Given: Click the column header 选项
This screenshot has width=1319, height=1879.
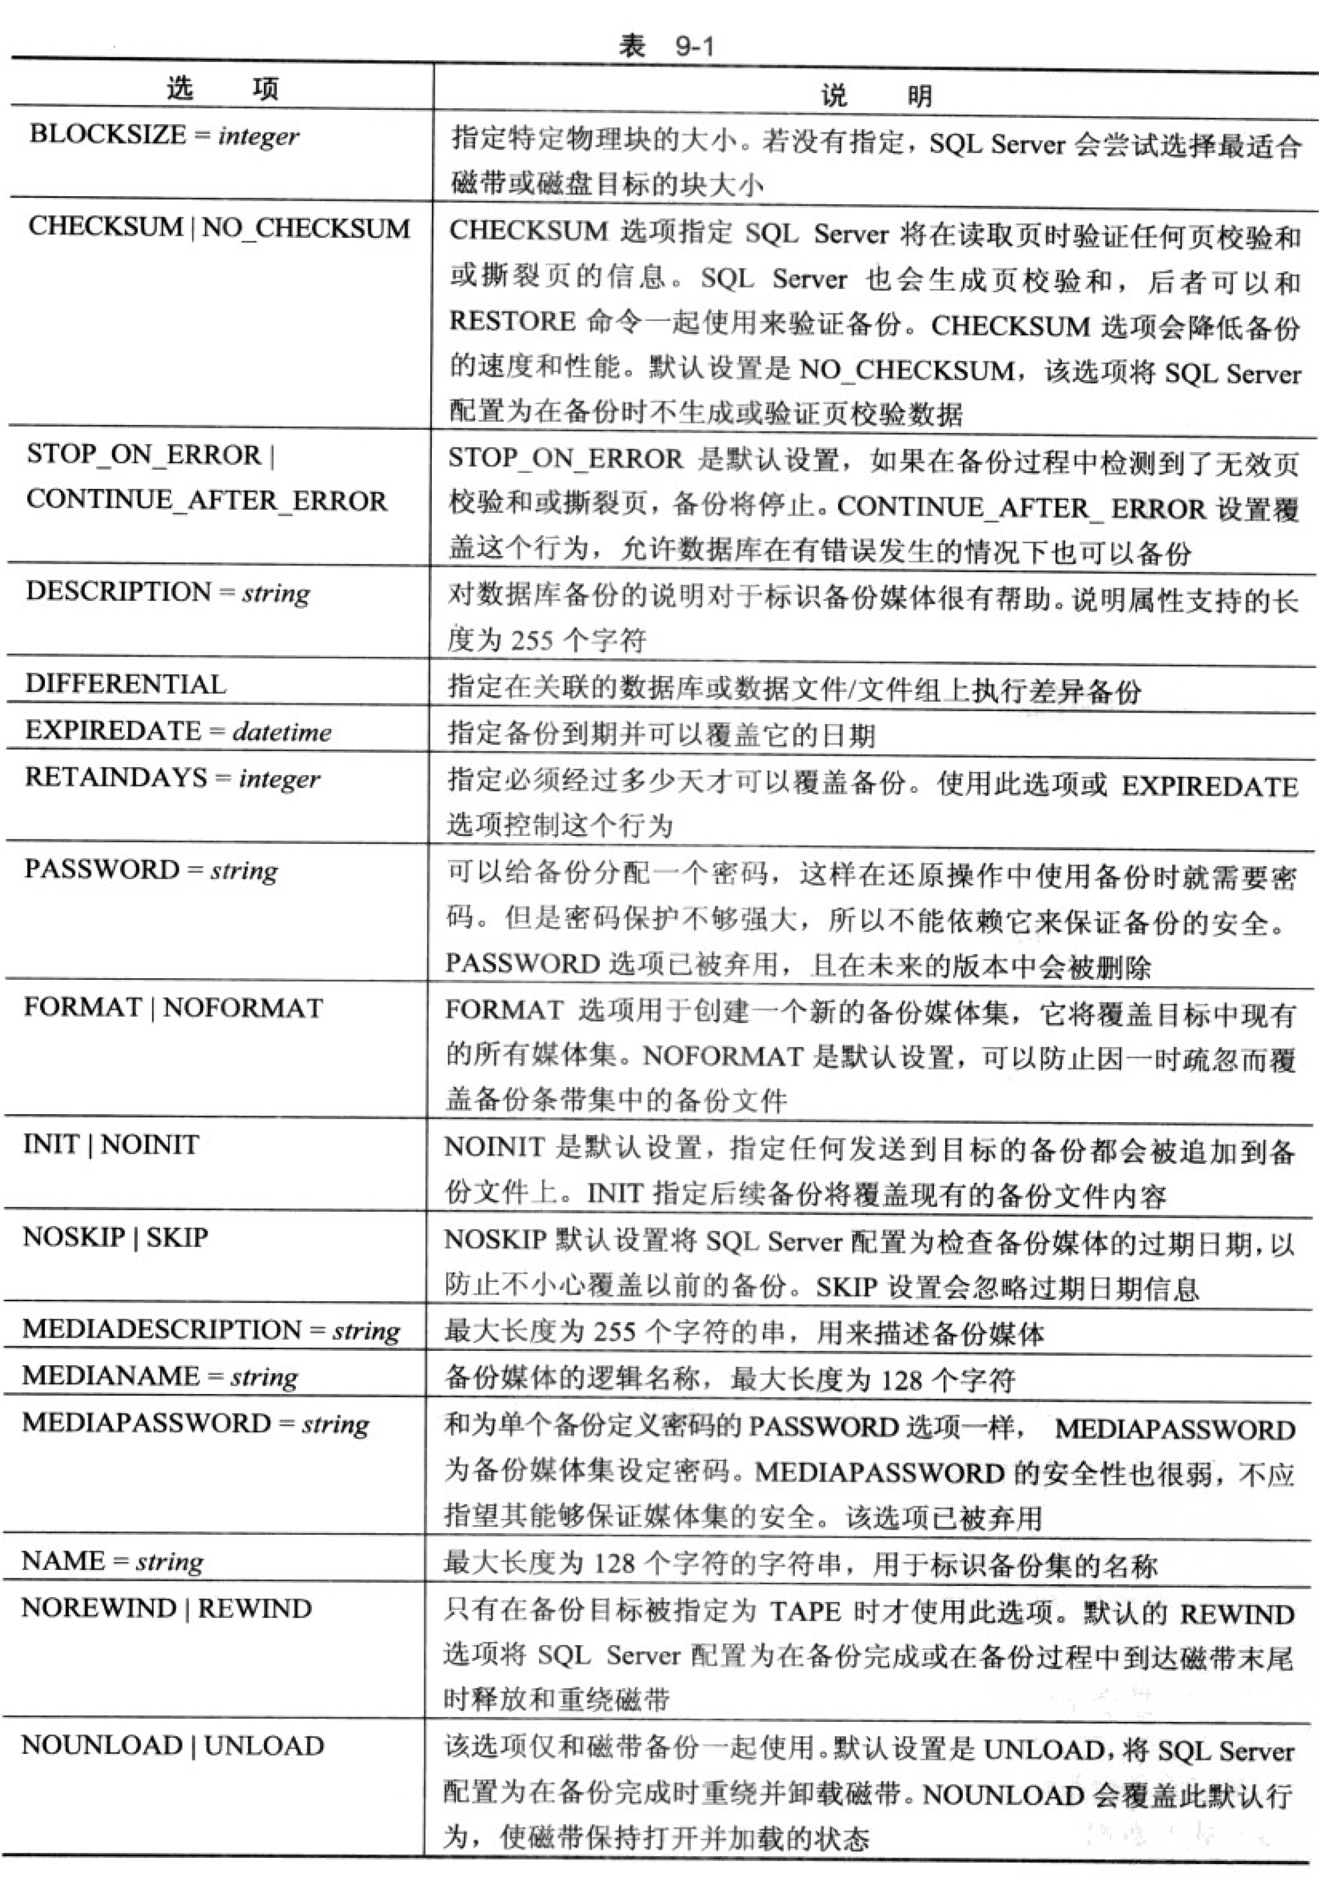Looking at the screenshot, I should (x=222, y=88).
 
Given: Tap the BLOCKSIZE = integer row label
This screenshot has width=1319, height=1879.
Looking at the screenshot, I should (x=164, y=134).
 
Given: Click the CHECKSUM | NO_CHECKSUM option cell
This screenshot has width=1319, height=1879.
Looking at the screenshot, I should (x=219, y=228).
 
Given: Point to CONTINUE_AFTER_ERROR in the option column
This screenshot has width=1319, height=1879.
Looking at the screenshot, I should (x=206, y=500).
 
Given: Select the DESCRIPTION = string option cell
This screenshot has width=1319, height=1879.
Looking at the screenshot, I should (x=167, y=592).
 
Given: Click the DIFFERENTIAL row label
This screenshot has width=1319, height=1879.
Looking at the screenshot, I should (x=125, y=684).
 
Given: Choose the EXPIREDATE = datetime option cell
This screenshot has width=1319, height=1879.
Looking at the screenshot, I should (x=178, y=731).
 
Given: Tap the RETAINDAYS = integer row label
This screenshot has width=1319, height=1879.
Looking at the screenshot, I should (x=172, y=777).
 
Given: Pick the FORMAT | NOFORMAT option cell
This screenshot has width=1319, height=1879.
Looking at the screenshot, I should (x=172, y=1007).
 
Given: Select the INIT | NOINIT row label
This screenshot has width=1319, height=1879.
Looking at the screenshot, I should (x=110, y=1144).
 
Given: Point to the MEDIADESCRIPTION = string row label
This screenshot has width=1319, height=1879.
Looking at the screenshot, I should (x=211, y=1330).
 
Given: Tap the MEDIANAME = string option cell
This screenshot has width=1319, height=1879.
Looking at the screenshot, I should (x=159, y=1376).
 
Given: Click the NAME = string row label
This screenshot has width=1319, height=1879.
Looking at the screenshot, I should (x=112, y=1561).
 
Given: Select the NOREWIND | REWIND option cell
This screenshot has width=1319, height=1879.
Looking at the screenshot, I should (x=166, y=1608).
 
